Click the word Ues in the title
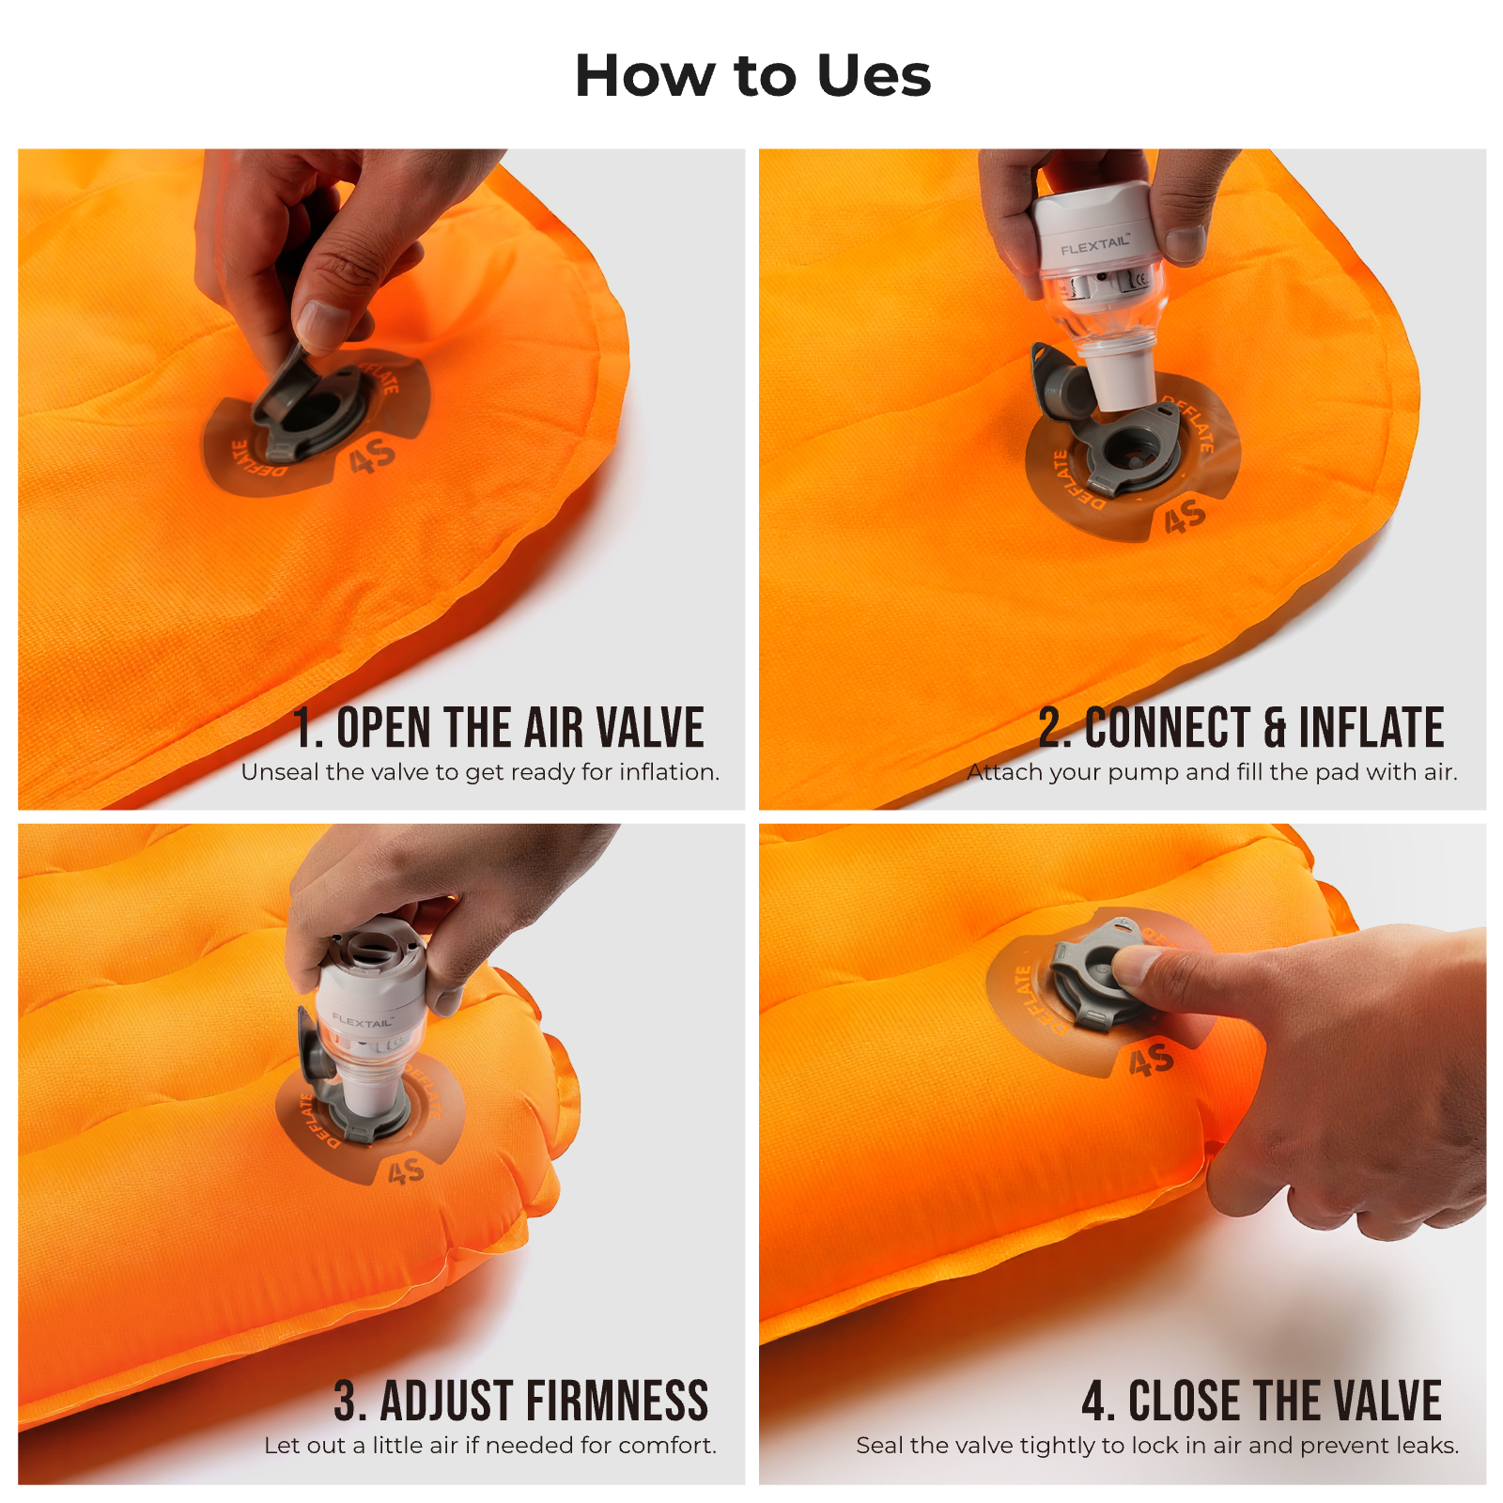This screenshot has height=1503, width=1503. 874,76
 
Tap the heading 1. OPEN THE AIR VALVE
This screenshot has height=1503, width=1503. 498,728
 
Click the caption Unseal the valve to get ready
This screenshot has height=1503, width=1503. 480,772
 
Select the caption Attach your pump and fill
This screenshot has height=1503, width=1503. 1212,772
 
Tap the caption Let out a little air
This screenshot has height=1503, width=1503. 489,1445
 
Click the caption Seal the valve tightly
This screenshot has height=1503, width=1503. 1157,1445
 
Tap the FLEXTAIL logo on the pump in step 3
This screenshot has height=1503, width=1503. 363,1020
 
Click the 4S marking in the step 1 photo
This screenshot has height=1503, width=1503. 372,458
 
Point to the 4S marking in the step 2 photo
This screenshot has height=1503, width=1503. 1185,517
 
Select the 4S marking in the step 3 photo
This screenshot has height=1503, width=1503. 406,1171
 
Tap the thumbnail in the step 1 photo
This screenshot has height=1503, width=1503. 324,324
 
